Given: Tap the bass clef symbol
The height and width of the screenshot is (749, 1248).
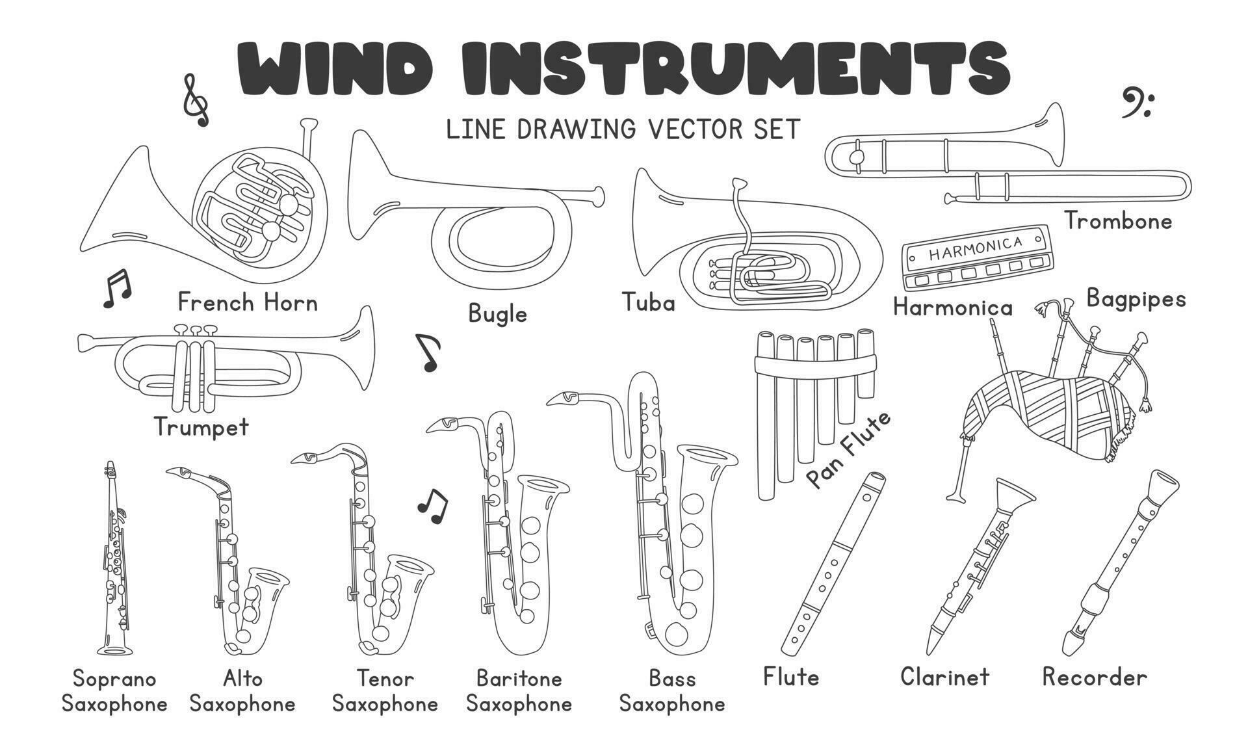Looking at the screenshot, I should click(1136, 103).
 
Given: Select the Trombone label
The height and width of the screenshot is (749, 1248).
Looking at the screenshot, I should click(1118, 221).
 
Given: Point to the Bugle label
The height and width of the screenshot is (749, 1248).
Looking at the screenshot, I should click(497, 314).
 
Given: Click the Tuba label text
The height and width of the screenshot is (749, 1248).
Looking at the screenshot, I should click(648, 302).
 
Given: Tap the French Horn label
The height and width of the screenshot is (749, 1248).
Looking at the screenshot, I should click(248, 302).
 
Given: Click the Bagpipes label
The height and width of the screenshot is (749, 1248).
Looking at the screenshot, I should click(1136, 298).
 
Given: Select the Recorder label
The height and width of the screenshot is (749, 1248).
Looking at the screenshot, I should click(1095, 677).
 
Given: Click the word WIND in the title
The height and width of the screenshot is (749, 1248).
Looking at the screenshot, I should click(335, 69).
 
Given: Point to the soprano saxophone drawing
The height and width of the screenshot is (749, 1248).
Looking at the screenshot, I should click(114, 559).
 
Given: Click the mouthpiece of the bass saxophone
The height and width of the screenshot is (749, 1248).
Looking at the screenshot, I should click(563, 398).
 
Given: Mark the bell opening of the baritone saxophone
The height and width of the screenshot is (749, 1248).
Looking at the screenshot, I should click(543, 485).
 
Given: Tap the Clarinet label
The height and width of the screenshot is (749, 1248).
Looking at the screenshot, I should click(944, 677).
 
